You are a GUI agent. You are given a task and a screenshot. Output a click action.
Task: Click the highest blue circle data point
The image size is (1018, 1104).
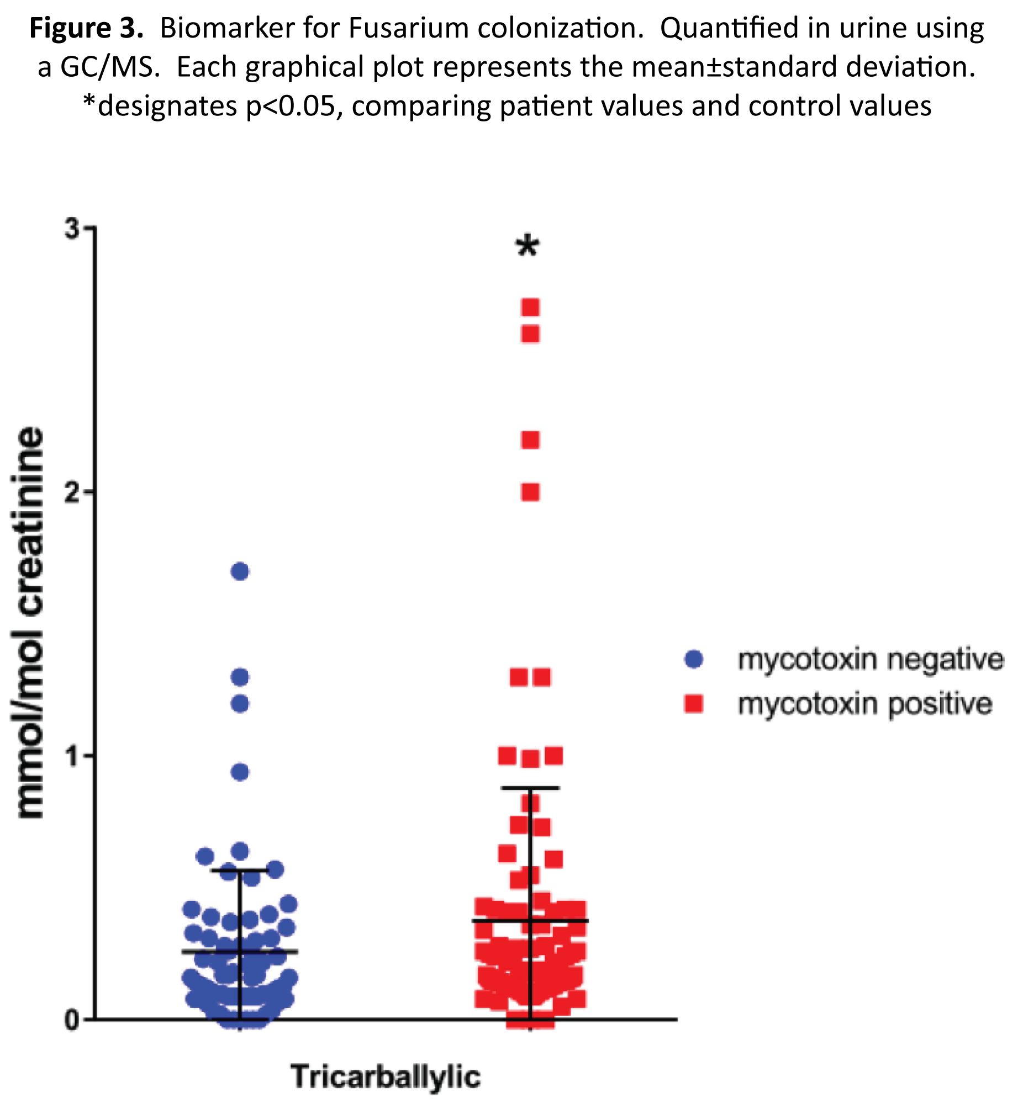[240, 571]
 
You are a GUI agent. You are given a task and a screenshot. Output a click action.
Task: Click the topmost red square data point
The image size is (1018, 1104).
[530, 307]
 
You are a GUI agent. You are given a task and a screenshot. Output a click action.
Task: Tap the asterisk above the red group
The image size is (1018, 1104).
[528, 246]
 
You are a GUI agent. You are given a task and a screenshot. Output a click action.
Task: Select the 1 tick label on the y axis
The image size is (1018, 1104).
[72, 756]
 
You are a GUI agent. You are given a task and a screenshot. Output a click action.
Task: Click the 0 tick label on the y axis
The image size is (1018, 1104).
[72, 1020]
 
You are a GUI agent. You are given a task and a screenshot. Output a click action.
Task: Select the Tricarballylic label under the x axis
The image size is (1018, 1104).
[386, 1076]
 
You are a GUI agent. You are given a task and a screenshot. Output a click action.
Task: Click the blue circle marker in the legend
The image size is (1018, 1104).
[693, 659]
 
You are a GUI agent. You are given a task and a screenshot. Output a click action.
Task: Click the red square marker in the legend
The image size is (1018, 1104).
[693, 704]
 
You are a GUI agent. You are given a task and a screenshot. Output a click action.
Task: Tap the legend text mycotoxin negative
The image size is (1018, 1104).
[870, 659]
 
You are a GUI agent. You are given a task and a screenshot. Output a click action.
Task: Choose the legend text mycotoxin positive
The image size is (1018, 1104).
[864, 704]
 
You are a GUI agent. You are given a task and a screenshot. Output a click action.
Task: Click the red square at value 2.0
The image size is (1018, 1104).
[530, 492]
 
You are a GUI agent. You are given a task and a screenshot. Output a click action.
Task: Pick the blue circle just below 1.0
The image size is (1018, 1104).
[240, 772]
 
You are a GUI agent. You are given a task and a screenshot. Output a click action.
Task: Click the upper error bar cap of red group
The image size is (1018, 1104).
[530, 788]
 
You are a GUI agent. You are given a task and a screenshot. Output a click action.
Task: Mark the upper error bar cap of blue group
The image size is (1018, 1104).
[240, 871]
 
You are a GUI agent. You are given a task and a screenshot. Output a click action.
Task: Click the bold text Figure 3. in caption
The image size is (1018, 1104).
[86, 28]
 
